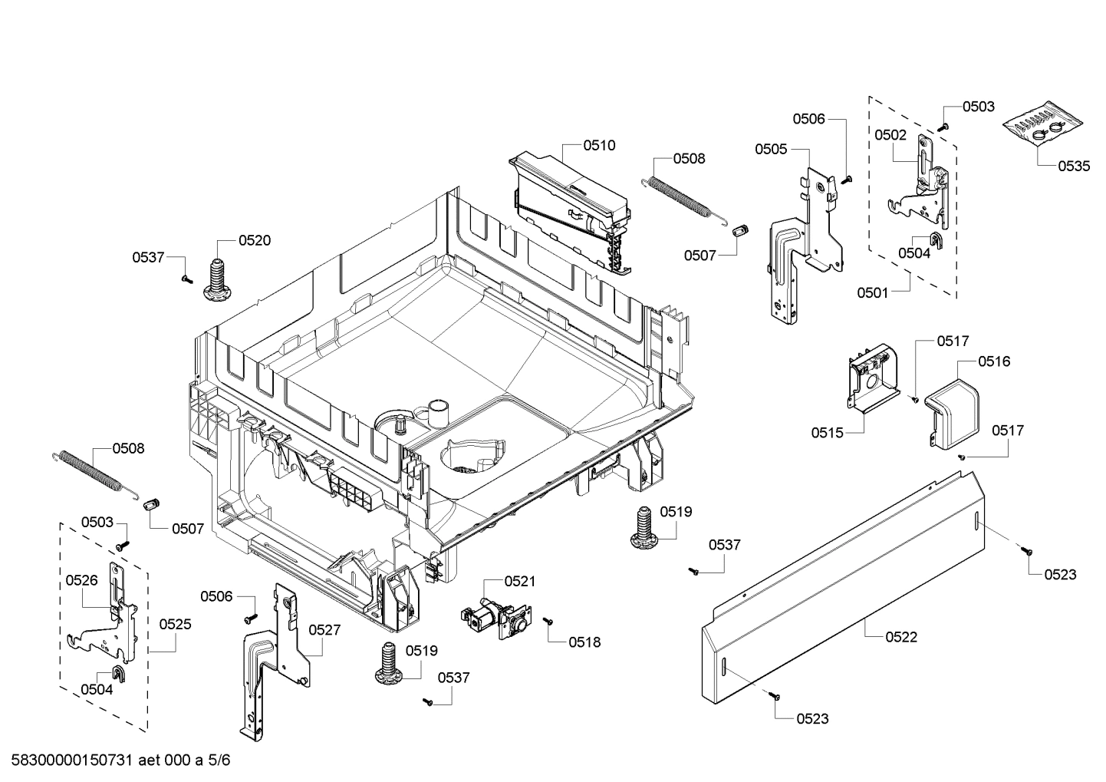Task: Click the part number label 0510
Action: point(599,146)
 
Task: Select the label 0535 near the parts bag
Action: point(1074,166)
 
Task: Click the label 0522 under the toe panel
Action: point(901,637)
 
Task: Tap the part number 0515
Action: point(828,433)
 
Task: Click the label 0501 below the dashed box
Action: point(873,292)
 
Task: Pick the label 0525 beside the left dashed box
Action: point(175,625)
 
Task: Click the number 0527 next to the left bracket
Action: point(324,629)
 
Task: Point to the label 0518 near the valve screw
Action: point(584,642)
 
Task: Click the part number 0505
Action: point(771,149)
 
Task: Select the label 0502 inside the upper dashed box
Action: point(890,135)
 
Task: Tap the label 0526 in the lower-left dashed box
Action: point(81,580)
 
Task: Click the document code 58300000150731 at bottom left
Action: point(73,761)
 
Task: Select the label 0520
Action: point(255,241)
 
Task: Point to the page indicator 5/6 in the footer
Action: point(219,761)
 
